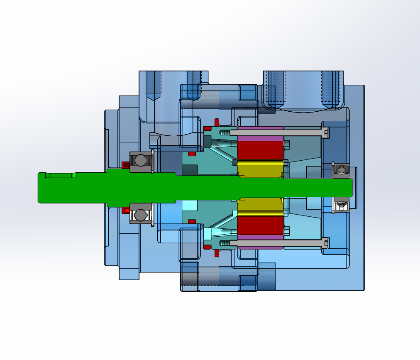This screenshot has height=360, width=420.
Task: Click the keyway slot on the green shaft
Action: click(61, 175)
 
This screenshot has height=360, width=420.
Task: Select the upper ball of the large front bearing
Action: click(140, 160)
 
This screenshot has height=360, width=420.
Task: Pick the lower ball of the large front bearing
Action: click(140, 215)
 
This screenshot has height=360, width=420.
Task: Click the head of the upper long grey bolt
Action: click(326, 132)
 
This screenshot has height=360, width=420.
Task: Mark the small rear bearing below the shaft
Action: click(342, 205)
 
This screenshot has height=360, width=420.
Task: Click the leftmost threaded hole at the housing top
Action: click(154, 85)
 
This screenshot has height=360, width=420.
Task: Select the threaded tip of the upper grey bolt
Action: click(224, 132)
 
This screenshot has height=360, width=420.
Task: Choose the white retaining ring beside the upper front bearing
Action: click(153, 161)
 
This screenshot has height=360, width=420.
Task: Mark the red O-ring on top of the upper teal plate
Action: click(207, 128)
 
